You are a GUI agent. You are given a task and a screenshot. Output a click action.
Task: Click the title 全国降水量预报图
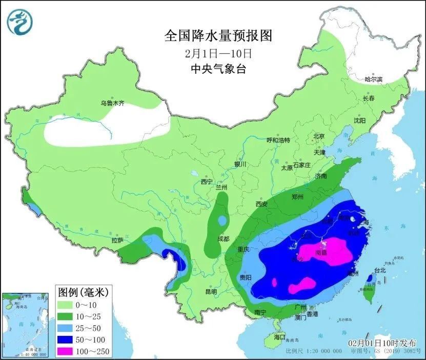point(217,35)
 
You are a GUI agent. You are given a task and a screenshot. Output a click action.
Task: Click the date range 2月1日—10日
point(217,53)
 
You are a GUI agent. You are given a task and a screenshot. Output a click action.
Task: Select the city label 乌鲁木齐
point(112,103)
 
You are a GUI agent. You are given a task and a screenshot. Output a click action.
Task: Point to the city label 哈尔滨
point(373,79)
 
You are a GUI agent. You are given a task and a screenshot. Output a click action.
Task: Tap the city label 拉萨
point(117,240)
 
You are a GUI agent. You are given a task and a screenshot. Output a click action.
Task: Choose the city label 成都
point(223,238)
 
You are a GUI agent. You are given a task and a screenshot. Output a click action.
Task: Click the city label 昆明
point(211,292)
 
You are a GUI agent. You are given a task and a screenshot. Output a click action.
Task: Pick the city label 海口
point(279,337)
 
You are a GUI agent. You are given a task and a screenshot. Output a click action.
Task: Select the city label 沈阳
point(359,120)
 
